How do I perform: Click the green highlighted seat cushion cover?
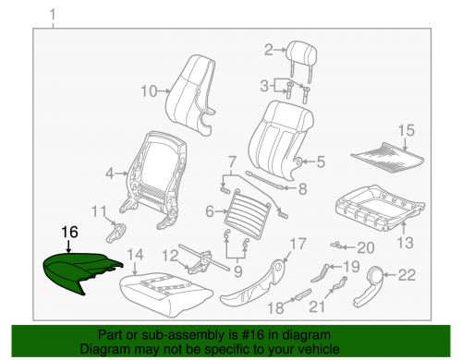[x=80, y=270]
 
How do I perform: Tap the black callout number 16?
[x=69, y=232]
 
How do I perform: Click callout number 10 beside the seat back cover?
[x=149, y=91]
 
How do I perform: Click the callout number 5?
[x=321, y=162]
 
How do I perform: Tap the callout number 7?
[x=232, y=162]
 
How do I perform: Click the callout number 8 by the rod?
[x=303, y=188]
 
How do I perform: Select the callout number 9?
[x=237, y=271]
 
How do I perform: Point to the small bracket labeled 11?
[x=116, y=233]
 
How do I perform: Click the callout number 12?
[x=170, y=256]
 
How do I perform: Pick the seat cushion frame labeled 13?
[x=380, y=208]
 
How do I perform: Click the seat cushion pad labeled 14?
[x=166, y=294]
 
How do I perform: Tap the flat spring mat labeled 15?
[x=387, y=157]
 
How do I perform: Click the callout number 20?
[x=366, y=247]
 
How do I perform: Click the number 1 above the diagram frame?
[x=53, y=15]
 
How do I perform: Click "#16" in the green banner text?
[x=251, y=335]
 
